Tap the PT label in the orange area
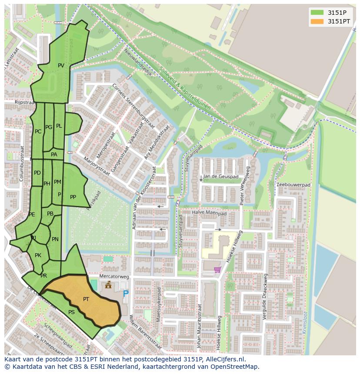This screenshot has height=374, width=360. [x=86, y=299]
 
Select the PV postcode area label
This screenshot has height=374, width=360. [x=61, y=66]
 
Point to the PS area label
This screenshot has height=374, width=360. [x=71, y=312]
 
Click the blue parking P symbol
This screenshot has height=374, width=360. [x=126, y=294]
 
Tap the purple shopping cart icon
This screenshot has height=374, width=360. [x=217, y=270]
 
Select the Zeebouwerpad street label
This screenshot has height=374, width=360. [x=293, y=185]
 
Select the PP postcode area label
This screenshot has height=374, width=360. [x=73, y=197]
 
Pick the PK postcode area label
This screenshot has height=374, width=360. [x=38, y=255]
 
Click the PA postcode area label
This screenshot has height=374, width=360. [x=54, y=154]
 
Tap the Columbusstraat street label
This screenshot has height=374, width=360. [x=21, y=163]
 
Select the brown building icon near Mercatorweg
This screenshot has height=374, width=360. [x=108, y=285]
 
